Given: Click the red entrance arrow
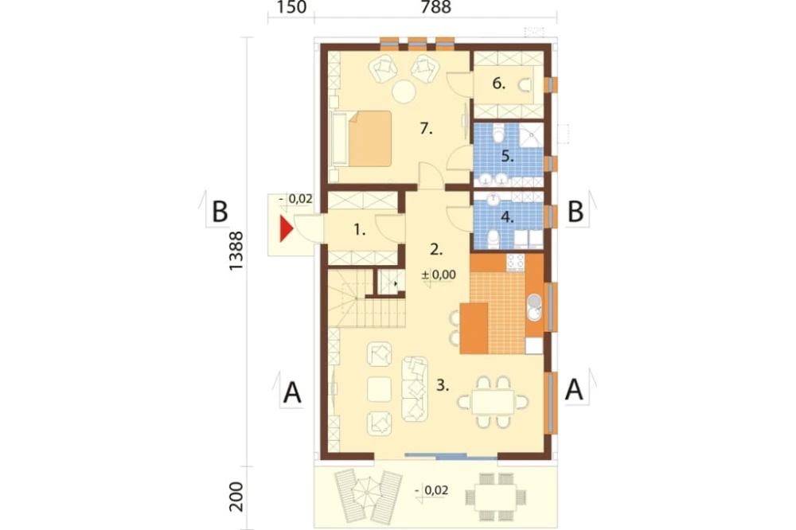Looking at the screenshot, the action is (287, 228).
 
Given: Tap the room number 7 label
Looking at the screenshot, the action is (426, 129).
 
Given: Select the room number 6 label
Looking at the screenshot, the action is (499, 84).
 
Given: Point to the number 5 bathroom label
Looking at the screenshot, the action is (507, 156).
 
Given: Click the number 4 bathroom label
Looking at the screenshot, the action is (507, 217).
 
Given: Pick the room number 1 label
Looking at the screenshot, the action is (360, 230).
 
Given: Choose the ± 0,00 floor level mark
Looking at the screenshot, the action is (439, 275).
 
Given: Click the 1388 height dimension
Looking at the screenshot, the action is (236, 251).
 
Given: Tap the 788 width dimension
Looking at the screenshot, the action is (436, 8).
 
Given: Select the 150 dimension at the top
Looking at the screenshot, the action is (292, 8).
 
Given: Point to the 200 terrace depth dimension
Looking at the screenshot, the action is (236, 497).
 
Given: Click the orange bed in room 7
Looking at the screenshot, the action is (370, 138).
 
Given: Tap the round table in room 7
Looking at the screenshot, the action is (404, 92).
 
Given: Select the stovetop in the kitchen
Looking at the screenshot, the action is (515, 262).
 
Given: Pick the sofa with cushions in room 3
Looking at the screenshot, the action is (415, 389).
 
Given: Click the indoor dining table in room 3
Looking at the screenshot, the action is (492, 402).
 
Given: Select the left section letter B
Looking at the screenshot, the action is (220, 212).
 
